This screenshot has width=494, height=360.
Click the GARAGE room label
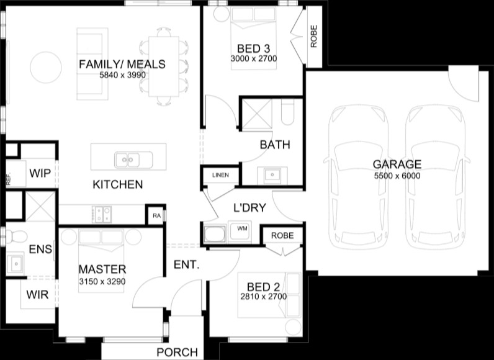click(397, 164)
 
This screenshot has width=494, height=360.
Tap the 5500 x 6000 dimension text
click(397, 176)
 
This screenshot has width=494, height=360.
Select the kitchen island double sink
click(133, 160)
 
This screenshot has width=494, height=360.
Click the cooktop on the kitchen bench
click(102, 215)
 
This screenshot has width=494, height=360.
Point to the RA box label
click(156, 216)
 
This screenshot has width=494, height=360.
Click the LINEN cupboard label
click(220, 175)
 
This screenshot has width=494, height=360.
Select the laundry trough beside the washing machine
click(215, 234)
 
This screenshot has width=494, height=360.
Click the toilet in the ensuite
click(15, 237)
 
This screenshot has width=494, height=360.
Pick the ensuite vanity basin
click(16, 263)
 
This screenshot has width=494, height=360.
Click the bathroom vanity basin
click(272, 175)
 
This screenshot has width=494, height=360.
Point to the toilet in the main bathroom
click(287, 112)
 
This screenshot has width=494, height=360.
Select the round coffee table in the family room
click(46, 68)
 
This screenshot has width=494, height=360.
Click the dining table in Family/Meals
click(164, 66)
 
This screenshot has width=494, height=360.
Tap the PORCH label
click(177, 352)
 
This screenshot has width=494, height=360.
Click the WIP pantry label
click(40, 173)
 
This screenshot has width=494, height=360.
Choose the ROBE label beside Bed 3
click(314, 37)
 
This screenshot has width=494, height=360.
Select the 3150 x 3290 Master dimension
click(102, 281)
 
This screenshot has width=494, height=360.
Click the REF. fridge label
click(9, 178)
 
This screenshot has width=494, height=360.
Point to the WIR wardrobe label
click(37, 295)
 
